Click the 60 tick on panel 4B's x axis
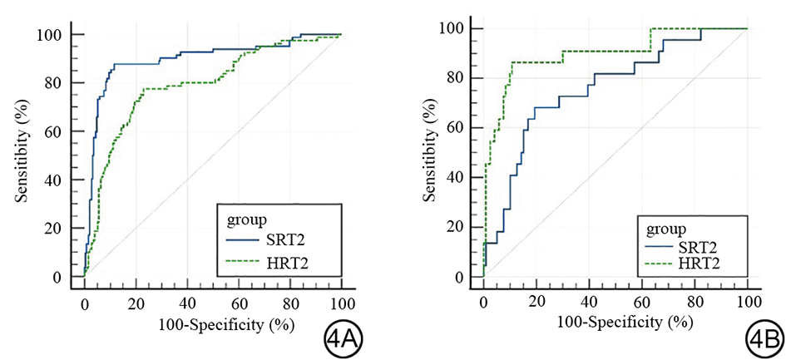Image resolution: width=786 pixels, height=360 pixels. click(x=642, y=299)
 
